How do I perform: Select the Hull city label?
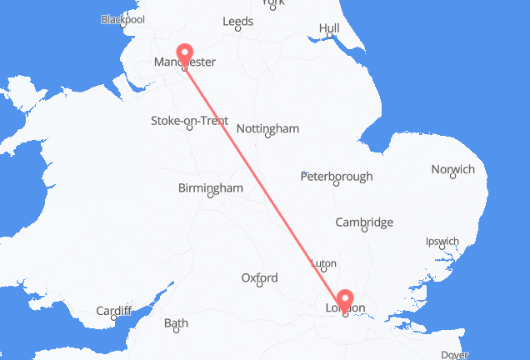(329, 28)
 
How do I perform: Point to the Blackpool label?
(122, 19)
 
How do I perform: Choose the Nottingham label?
(267, 128)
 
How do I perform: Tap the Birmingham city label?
(210, 188)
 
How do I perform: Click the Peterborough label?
(337, 176)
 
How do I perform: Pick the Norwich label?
(452, 169)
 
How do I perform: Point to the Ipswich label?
(441, 242)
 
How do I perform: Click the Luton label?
(323, 263)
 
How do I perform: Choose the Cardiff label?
(113, 311)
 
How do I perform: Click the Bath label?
(176, 322)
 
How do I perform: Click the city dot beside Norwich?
(453, 177)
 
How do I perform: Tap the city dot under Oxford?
(260, 284)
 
